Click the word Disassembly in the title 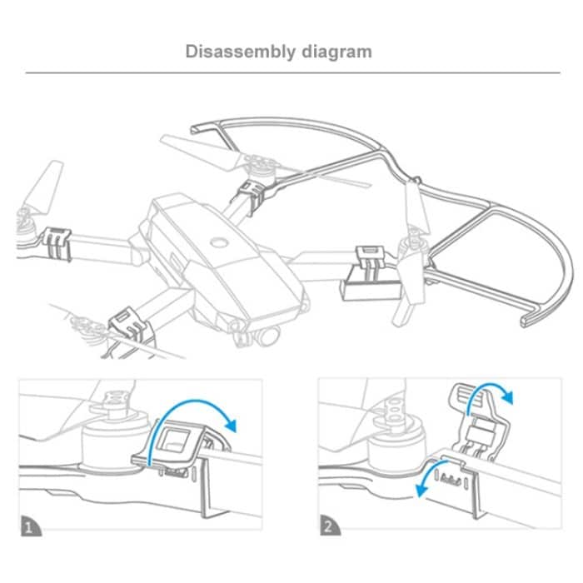coord(240,52)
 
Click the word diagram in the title coord(336,52)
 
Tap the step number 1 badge coord(31,526)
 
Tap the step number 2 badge coord(330,525)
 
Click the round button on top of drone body coord(218,242)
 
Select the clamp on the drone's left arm coord(57,243)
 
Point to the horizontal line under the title coord(292,73)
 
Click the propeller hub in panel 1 coord(113,401)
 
